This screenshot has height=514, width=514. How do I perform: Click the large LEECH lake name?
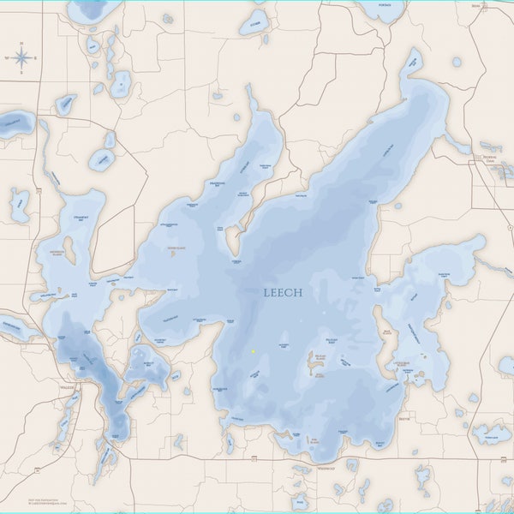coord(283,292)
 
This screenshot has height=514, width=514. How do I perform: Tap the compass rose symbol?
coord(22,58)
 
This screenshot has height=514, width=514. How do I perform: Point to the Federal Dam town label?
coord(490,158)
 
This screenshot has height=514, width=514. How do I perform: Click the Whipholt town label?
coord(326,469)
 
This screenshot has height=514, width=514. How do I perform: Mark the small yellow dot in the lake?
coord(254,351)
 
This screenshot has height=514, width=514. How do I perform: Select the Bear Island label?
coord(387,334)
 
